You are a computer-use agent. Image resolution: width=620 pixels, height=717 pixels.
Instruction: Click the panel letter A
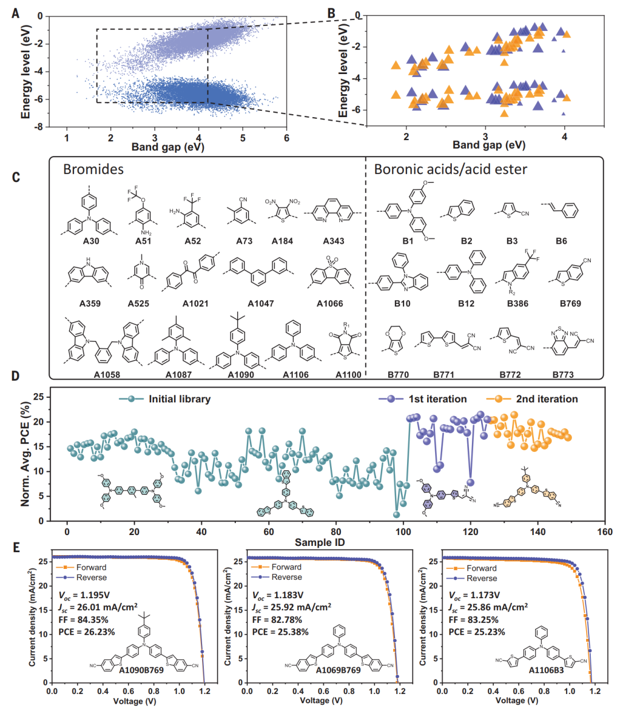(15, 12)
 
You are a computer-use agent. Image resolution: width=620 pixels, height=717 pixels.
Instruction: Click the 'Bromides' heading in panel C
(93, 169)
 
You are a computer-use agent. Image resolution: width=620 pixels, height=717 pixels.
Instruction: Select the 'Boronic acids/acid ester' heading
(450, 169)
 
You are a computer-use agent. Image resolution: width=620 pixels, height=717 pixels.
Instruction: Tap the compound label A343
(333, 241)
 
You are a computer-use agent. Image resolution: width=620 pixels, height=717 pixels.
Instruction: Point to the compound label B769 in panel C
(570, 303)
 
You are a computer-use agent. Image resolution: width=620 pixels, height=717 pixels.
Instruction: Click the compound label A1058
(107, 375)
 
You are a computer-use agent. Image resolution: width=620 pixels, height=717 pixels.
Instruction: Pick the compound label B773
(563, 375)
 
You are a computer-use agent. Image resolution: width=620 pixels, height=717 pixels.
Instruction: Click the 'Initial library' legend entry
(179, 399)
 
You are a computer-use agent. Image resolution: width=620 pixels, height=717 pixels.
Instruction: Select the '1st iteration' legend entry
(437, 399)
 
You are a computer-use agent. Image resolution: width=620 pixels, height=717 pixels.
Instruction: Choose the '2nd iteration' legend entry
(547, 399)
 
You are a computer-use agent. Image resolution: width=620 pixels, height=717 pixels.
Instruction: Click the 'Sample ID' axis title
(320, 542)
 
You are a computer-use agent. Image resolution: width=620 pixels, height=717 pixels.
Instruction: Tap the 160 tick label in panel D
(604, 532)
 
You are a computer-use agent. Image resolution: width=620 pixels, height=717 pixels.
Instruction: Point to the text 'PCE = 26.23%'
(87, 632)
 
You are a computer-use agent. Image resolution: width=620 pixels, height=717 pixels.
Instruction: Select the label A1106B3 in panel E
(546, 670)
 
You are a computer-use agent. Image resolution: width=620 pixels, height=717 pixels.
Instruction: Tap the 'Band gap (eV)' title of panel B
(489, 145)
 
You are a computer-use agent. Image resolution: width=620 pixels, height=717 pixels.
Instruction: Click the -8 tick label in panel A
(40, 127)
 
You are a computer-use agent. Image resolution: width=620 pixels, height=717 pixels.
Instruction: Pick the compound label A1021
(195, 303)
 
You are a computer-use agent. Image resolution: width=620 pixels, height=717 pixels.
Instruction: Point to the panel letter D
(15, 376)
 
